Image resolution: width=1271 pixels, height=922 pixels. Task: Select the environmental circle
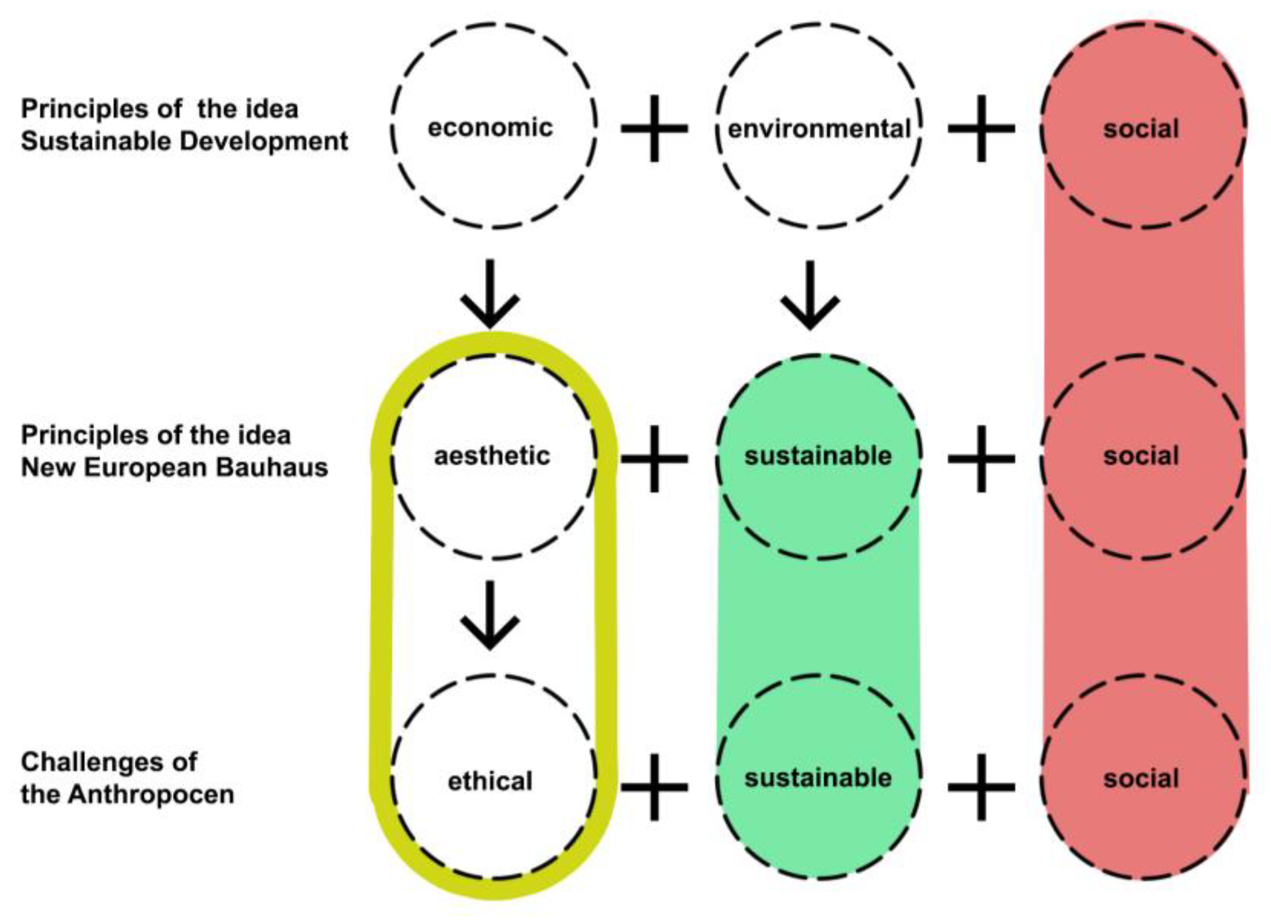(819, 128)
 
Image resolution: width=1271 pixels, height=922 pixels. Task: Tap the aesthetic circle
(492, 457)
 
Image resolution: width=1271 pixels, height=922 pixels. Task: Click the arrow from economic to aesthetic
(491, 294)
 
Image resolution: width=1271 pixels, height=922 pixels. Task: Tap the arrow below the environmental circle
(810, 295)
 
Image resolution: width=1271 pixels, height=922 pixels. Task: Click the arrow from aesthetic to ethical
(491, 615)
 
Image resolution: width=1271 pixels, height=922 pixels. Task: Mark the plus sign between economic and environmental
(654, 129)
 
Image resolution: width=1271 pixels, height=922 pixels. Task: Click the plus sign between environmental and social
(981, 129)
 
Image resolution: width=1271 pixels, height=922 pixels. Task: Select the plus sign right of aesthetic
(654, 459)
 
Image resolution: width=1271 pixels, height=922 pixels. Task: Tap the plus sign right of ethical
(654, 787)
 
